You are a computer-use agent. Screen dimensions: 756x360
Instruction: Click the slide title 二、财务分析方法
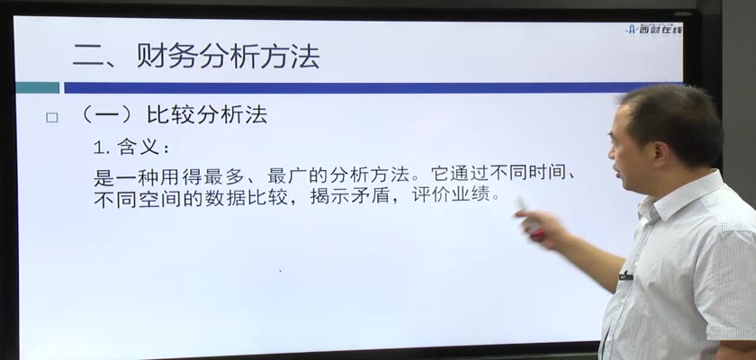point(196,58)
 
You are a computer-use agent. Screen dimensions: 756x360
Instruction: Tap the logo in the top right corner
point(653,30)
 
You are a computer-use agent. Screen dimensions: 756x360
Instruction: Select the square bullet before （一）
point(51,118)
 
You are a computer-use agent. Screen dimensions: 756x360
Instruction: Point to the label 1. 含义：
point(131,148)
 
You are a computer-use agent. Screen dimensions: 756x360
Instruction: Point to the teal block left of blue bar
point(38,87)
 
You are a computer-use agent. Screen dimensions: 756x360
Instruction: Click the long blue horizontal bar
point(348,87)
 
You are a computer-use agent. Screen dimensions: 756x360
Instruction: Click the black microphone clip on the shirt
point(626,276)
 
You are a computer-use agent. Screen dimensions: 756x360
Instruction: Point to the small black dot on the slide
point(280,271)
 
